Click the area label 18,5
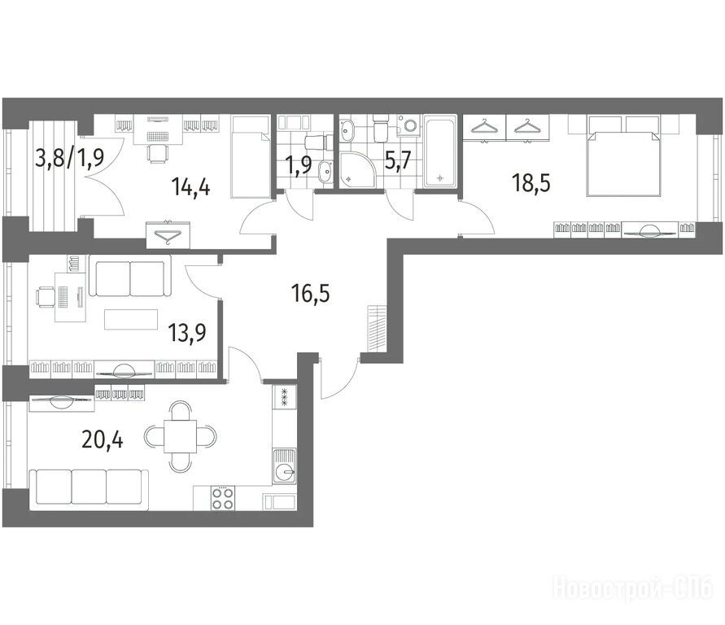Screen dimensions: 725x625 pyautogui.click(x=531, y=184)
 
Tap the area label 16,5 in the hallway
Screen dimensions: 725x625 pyautogui.click(x=311, y=293)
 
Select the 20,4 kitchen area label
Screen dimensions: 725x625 pyautogui.click(x=103, y=439)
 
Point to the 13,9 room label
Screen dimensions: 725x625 pyautogui.click(x=187, y=332)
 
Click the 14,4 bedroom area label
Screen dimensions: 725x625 pyautogui.click(x=190, y=187)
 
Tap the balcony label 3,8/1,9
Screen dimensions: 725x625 pyautogui.click(x=70, y=158)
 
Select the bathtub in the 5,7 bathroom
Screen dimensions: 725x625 pyautogui.click(x=440, y=151)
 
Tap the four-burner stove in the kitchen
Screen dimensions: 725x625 pyautogui.click(x=222, y=498)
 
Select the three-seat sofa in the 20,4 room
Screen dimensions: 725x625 pyautogui.click(x=89, y=490)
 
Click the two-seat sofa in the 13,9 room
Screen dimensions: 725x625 pyautogui.click(x=130, y=276)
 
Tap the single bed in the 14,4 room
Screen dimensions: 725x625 pyautogui.click(x=250, y=157)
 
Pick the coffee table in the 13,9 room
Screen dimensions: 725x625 pyautogui.click(x=131, y=319)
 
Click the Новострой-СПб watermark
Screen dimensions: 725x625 pyautogui.click(x=633, y=588)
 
